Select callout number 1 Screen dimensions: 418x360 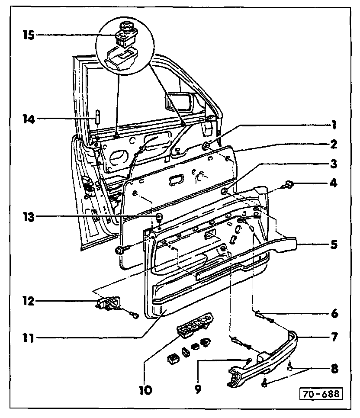332,125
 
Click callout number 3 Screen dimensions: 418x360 332,164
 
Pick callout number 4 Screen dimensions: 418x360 332,183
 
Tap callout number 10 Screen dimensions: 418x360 146,389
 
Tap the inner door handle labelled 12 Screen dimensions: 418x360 110,303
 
